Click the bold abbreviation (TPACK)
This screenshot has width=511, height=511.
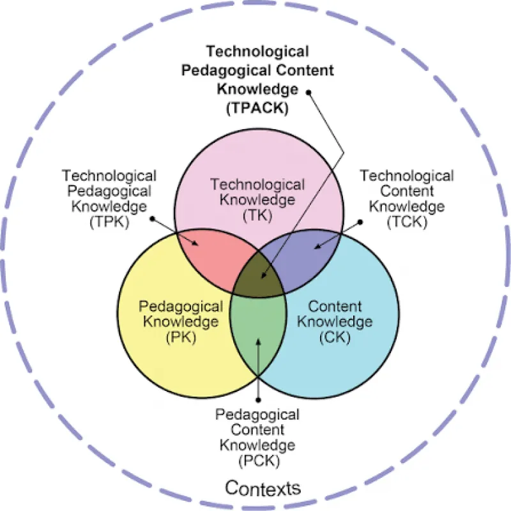[x=257, y=108]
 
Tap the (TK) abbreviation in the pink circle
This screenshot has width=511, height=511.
[x=257, y=215]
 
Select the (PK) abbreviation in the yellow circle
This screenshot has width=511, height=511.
[x=181, y=337]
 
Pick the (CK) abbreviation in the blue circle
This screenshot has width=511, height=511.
[x=335, y=337]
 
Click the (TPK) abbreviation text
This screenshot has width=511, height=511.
[x=109, y=222]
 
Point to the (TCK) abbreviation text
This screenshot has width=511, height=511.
[x=407, y=222]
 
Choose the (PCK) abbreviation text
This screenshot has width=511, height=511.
[x=259, y=461]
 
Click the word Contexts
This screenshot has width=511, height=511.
[x=263, y=488]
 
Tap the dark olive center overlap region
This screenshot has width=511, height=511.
[x=259, y=277]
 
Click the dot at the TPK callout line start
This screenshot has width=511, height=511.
[x=152, y=218]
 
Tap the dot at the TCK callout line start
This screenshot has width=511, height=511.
[x=360, y=222]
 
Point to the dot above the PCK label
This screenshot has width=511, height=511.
[x=258, y=400]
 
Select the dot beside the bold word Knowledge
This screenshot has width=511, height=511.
[x=309, y=93]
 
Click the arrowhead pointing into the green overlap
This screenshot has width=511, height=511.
[x=258, y=342]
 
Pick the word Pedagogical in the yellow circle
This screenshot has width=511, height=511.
[x=181, y=307]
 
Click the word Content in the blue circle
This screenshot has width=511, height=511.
[x=335, y=307]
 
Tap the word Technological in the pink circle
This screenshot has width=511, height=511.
[x=257, y=185]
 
